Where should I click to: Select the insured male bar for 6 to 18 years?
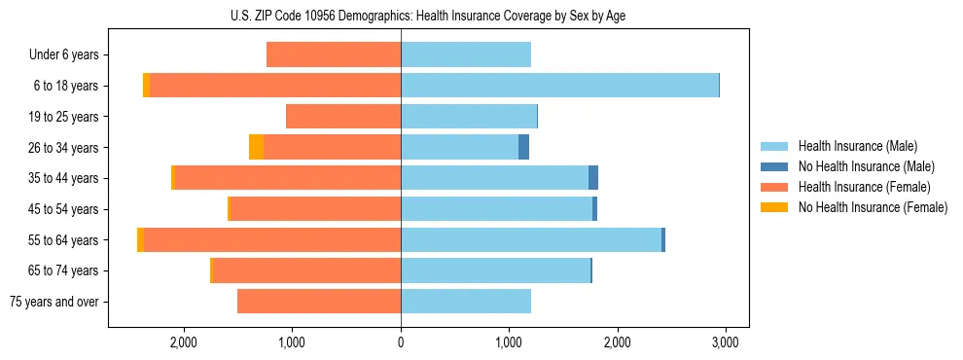pyautogui.click(x=559, y=86)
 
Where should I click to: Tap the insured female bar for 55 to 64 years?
pyautogui.click(x=272, y=239)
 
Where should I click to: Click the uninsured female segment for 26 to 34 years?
pyautogui.click(x=256, y=147)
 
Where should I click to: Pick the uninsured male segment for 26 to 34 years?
pyautogui.click(x=523, y=147)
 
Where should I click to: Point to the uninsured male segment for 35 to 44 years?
pyautogui.click(x=593, y=178)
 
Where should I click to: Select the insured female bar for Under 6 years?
pyautogui.click(x=334, y=54)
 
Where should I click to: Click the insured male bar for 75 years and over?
pyautogui.click(x=466, y=302)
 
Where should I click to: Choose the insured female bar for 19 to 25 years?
pyautogui.click(x=343, y=117)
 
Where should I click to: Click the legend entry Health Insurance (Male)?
pyautogui.click(x=857, y=146)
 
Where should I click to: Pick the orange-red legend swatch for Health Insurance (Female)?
pyautogui.click(x=775, y=187)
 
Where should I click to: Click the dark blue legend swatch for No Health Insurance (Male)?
pyautogui.click(x=775, y=166)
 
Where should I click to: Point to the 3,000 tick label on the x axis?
pyautogui.click(x=724, y=342)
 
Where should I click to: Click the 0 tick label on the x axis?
pyautogui.click(x=401, y=342)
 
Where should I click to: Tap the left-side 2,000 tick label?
pyautogui.click(x=184, y=342)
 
